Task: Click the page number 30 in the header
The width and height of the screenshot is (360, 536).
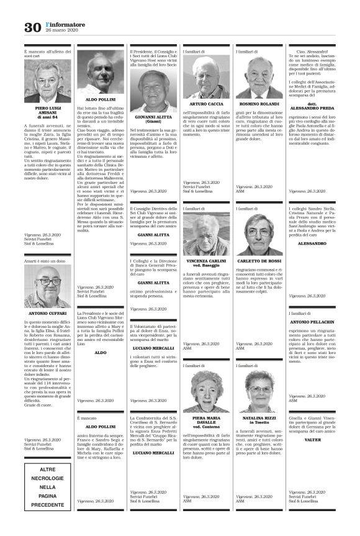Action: tap(31, 27)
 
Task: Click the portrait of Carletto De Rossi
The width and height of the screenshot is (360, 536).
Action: tap(258, 237)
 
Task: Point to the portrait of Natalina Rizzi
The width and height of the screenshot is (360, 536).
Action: tap(258, 391)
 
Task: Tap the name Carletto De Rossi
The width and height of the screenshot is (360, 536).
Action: tap(258, 262)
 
